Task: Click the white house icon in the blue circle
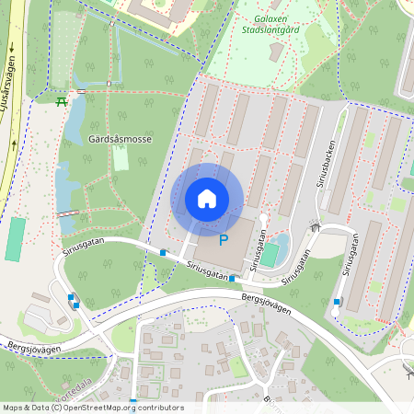click(207, 199)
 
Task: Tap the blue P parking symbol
click(224, 240)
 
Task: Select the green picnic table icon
click(61, 101)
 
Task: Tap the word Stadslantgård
click(270, 29)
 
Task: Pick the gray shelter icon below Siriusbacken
click(315, 225)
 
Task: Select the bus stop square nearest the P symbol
click(232, 278)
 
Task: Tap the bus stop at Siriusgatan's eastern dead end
click(337, 302)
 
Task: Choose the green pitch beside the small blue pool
click(269, 255)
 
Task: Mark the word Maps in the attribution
click(14, 408)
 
